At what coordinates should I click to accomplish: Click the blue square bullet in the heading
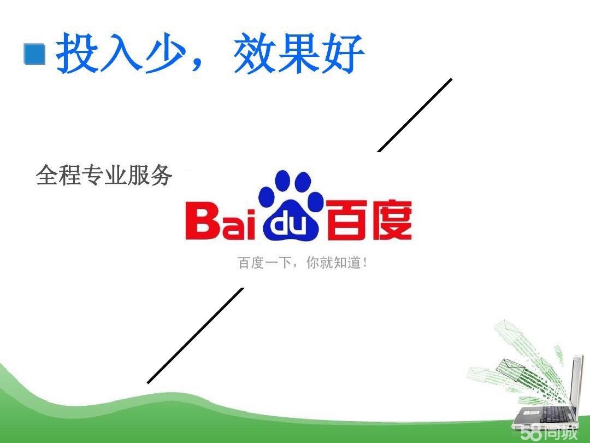[34, 55]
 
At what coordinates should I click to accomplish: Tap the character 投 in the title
[78, 53]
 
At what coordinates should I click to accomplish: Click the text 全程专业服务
[104, 176]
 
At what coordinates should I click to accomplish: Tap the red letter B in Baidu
[203, 221]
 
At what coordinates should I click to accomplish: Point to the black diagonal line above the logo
[415, 115]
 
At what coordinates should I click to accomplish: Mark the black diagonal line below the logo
[196, 335]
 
